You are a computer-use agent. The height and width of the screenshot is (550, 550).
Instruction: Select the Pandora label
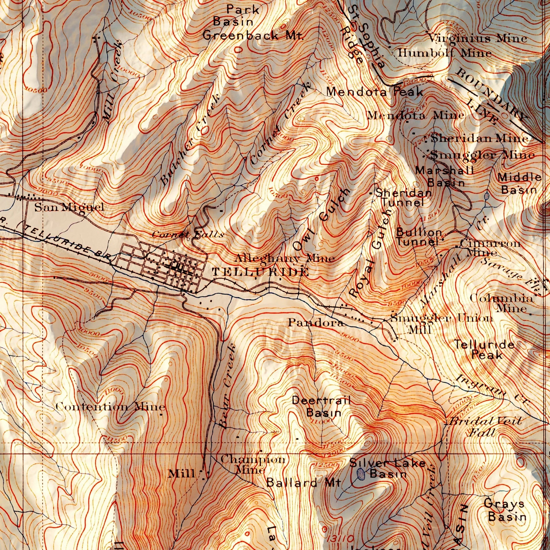pos(315,323)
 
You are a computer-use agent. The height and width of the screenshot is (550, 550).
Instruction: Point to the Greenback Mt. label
pos(253,36)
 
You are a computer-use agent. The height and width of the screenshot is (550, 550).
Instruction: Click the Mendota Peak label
pos(375,92)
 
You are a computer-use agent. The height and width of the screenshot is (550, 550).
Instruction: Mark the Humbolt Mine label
pos(444,53)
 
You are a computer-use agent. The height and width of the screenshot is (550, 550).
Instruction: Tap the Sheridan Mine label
pos(479,138)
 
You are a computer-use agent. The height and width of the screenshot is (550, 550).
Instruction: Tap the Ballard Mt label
pos(304,483)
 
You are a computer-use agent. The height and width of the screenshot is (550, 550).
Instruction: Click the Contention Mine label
pos(110,406)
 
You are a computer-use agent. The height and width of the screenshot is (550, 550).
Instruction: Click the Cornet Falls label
pos(188,235)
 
